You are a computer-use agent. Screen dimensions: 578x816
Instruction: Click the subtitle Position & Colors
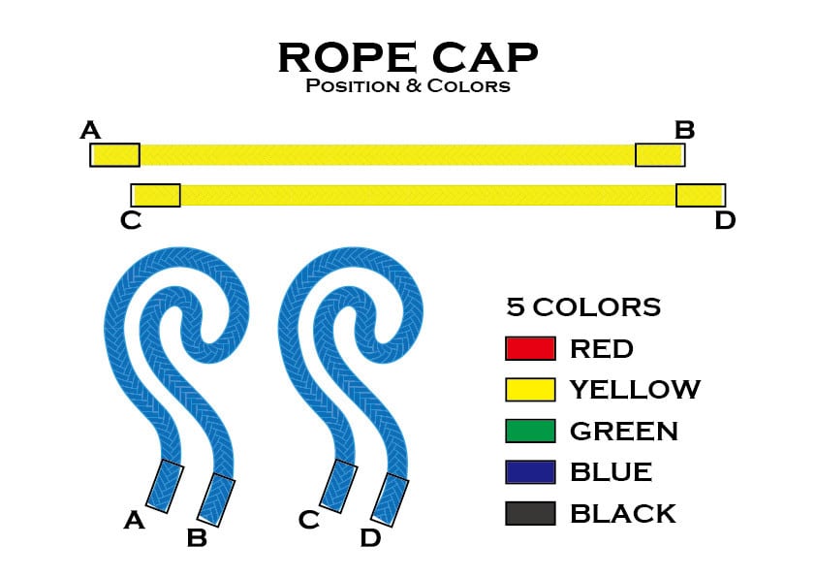[x=407, y=86]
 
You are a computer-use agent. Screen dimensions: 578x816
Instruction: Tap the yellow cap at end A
[x=114, y=155]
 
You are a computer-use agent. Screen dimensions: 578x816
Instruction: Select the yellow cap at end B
[x=659, y=155]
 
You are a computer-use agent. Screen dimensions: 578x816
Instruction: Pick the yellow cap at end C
[x=156, y=195]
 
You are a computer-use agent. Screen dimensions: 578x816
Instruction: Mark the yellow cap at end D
[x=700, y=195]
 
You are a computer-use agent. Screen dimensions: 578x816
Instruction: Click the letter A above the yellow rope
[x=90, y=130]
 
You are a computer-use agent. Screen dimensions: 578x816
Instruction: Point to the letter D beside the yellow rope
[x=725, y=221]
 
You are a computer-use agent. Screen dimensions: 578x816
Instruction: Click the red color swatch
[x=530, y=348]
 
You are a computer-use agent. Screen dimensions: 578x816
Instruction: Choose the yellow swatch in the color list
[x=530, y=390]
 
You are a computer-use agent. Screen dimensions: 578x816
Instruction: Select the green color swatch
[x=530, y=431]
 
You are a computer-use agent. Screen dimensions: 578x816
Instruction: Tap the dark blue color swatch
[x=530, y=472]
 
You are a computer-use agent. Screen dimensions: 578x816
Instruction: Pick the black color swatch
[x=530, y=513]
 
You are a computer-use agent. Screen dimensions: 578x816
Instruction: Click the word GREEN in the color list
[x=623, y=432]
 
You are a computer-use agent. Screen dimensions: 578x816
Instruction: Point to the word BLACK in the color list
[x=623, y=514]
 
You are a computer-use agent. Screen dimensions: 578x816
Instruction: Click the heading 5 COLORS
[x=583, y=307]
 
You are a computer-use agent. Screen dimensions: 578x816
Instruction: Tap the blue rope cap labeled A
[x=165, y=486]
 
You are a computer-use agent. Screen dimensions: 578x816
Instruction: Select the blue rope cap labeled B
[x=216, y=499]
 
